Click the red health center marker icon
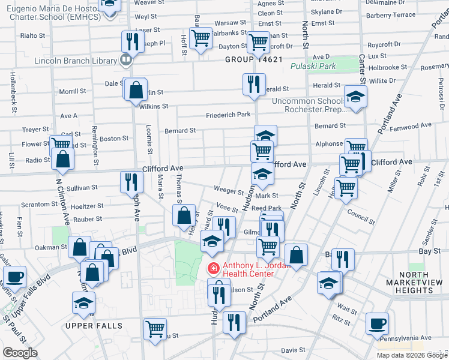tap(212, 267)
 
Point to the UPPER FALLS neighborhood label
tap(94, 326)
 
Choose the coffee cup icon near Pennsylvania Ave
tap(377, 324)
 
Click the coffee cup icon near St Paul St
tap(14, 277)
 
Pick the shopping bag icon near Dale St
tap(137, 90)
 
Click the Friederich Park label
tap(228, 115)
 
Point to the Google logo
tap(20, 353)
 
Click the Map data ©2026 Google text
tap(411, 355)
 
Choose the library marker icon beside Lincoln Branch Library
tap(125, 59)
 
